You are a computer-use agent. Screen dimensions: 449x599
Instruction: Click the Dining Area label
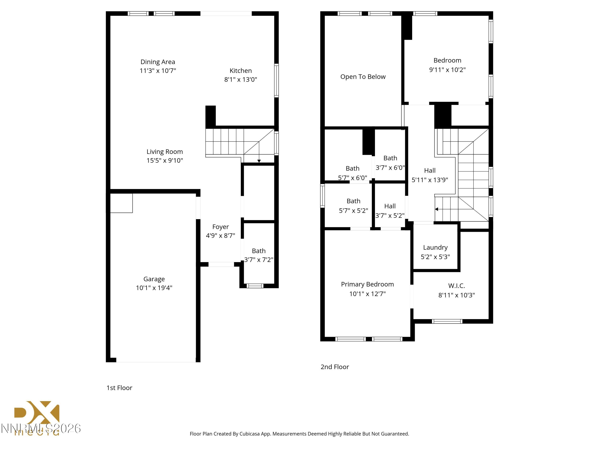pos(158,62)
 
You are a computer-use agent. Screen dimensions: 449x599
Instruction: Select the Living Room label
pos(165,151)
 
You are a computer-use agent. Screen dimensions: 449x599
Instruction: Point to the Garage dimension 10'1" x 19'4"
pos(154,288)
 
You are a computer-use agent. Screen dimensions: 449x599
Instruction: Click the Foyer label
pos(220,227)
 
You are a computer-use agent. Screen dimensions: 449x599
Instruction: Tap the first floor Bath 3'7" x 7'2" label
pos(259,251)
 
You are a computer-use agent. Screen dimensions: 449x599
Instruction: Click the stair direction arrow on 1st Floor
pos(259,161)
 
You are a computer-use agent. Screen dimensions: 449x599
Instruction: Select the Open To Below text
pos(363,77)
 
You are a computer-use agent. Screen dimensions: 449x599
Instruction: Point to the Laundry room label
pos(435,247)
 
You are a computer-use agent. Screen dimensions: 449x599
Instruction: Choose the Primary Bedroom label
pos(367,284)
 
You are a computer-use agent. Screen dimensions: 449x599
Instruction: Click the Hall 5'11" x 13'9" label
pos(430,170)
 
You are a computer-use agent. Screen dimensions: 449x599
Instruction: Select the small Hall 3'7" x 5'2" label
pos(390,206)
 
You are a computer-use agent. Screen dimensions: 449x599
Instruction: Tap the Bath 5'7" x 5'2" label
pos(353,201)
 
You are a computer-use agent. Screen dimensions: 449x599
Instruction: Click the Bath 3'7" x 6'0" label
pos(390,158)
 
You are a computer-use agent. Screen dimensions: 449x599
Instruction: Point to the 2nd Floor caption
pos(335,367)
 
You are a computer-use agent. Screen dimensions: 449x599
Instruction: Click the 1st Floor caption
pos(119,388)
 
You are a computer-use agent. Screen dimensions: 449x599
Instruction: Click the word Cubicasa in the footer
pos(250,434)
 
